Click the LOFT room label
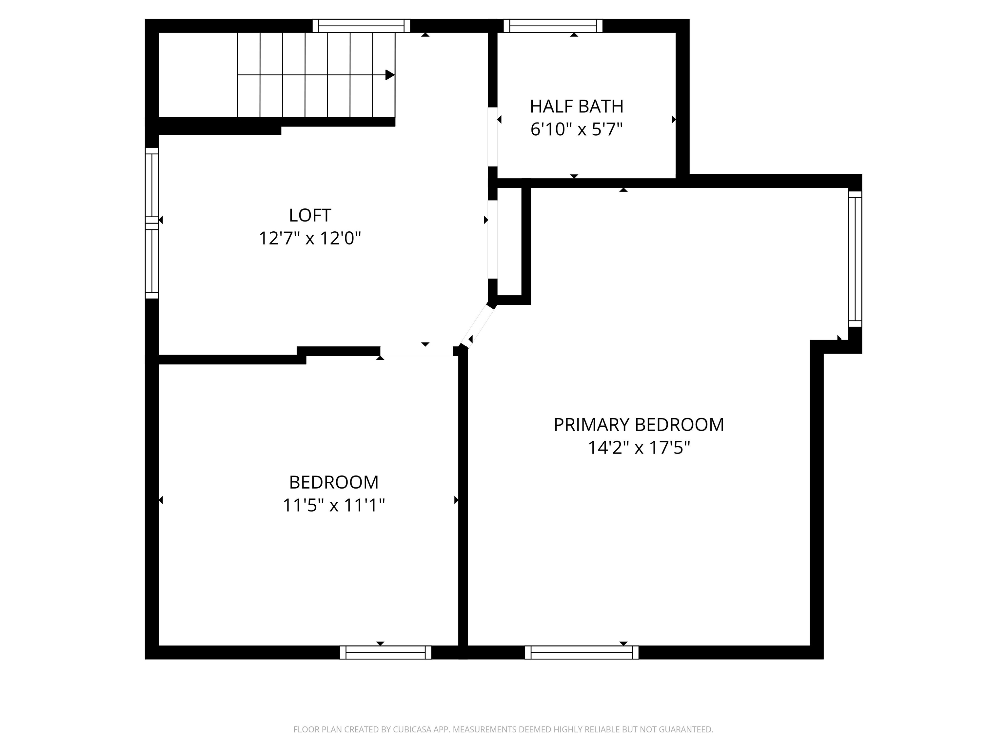point(309,215)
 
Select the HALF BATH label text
point(576,106)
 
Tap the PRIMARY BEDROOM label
point(639,425)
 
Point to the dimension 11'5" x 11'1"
point(334,506)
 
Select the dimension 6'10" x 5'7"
point(576,130)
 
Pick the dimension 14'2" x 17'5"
point(639,448)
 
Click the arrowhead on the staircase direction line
point(390,75)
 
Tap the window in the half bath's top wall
point(553,26)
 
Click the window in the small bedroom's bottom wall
point(385,652)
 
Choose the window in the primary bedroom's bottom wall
point(581,652)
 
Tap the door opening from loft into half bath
point(493,137)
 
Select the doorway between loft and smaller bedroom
point(417,351)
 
